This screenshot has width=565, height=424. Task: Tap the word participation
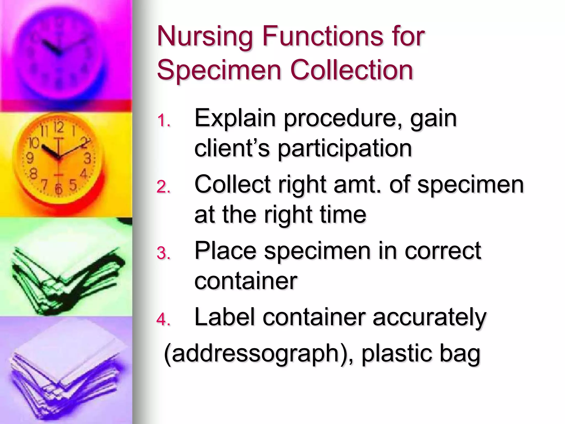[345, 149]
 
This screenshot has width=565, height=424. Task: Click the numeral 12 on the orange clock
[58, 127]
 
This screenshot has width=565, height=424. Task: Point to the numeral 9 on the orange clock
[30, 158]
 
